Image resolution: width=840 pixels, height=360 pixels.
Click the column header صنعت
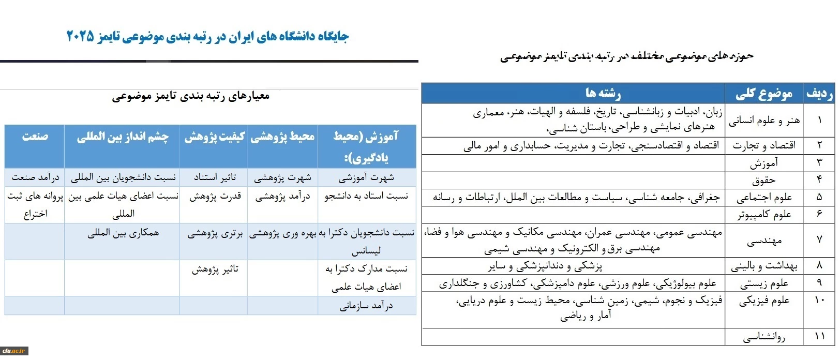click(x=35, y=137)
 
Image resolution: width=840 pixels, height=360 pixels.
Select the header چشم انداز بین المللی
click(x=123, y=137)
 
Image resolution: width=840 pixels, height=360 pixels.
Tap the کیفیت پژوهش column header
click(x=214, y=137)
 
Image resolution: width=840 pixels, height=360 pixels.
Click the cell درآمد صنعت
click(x=35, y=177)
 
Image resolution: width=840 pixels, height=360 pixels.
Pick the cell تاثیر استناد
click(x=215, y=177)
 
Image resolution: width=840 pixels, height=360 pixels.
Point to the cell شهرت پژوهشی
click(x=282, y=177)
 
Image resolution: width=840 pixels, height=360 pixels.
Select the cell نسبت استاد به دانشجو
click(x=366, y=196)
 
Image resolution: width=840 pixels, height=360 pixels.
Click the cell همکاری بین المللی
click(x=123, y=233)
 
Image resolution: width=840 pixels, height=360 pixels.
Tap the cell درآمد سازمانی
click(x=366, y=306)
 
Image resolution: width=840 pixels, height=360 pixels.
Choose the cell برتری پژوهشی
click(x=215, y=233)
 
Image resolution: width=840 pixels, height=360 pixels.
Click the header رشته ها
click(x=603, y=93)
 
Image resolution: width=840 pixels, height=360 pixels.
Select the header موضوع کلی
click(x=763, y=94)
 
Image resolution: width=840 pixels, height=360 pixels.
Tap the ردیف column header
click(x=819, y=94)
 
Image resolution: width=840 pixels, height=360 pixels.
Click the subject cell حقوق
click(x=763, y=181)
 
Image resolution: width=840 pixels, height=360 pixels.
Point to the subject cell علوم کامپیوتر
click(x=763, y=215)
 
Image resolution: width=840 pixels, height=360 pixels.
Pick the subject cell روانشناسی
click(x=763, y=337)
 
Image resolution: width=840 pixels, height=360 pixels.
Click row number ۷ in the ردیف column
click(x=819, y=241)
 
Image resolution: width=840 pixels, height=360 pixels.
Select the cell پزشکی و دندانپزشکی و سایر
click(x=545, y=266)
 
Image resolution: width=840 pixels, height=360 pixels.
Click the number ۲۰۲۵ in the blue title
click(x=81, y=36)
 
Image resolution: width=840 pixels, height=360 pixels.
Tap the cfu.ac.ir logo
click(x=14, y=351)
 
